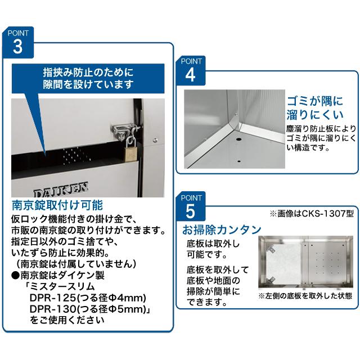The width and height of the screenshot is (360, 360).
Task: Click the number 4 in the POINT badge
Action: [190, 73]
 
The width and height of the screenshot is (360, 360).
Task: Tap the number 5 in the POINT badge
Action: [190, 211]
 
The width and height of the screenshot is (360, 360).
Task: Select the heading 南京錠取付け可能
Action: [57, 204]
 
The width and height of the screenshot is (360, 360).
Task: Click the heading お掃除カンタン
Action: [221, 230]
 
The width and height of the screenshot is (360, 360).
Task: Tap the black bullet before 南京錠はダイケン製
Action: [15, 275]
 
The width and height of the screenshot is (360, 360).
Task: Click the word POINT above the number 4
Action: [190, 60]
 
